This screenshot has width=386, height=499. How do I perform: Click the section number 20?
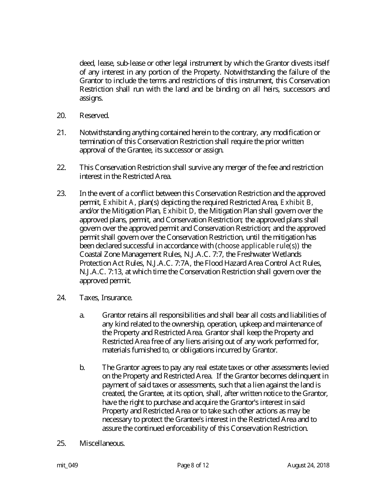coord(61,116)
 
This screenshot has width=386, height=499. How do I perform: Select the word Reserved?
coord(94,116)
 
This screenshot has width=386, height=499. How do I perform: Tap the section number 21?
coord(61,133)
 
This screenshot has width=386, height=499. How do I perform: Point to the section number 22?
coord(61,168)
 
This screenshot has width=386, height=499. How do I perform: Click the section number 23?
coord(61,194)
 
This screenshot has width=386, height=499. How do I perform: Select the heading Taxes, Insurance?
coord(106,298)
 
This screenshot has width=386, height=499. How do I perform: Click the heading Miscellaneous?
coord(102,443)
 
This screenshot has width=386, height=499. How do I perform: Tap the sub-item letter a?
coord(82,315)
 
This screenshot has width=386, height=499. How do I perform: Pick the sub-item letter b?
coord(82,367)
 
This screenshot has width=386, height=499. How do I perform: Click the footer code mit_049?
coord(67,465)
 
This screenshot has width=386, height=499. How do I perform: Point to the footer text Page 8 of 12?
coord(193,465)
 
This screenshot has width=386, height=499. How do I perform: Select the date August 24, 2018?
coord(308,465)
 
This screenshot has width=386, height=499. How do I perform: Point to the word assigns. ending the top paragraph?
coord(91,98)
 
